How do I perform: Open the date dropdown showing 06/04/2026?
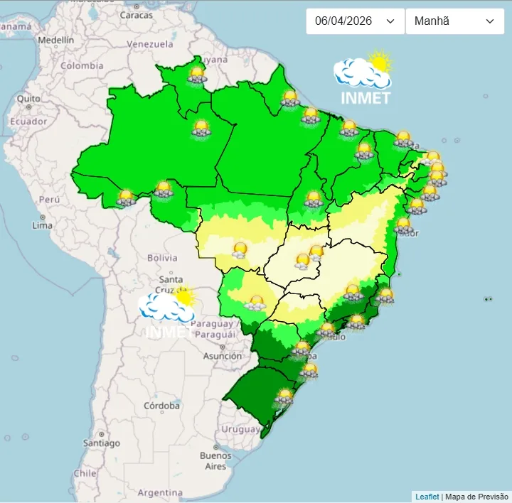(x=355, y=21)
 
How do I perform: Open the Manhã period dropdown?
(x=454, y=21)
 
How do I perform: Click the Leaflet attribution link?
(x=427, y=497)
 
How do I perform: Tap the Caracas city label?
(x=136, y=14)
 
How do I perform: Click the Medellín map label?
(x=55, y=40)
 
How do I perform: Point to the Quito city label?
(x=28, y=98)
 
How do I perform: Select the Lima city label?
(x=42, y=225)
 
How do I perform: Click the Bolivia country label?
(x=161, y=257)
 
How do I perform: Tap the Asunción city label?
(x=223, y=356)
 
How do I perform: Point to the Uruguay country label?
(x=241, y=429)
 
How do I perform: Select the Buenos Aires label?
(x=215, y=460)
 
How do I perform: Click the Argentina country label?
(x=160, y=492)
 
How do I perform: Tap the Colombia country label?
(x=82, y=65)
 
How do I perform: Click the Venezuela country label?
(x=150, y=44)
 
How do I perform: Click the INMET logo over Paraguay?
(x=168, y=313)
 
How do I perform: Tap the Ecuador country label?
(x=28, y=121)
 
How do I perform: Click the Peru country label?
(x=48, y=200)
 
